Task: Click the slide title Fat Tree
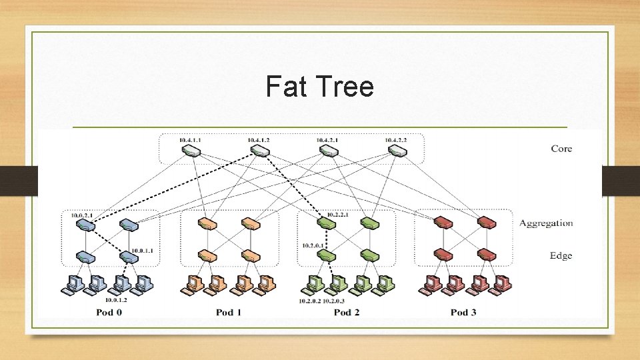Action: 319,87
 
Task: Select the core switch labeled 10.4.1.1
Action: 191,151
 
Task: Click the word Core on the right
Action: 561,148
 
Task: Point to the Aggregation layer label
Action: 545,223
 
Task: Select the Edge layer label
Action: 561,255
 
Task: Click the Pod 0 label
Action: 109,312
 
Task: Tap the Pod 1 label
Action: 229,312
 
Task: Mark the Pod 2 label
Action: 347,312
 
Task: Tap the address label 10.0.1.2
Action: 116,300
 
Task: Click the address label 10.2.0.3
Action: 334,301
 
